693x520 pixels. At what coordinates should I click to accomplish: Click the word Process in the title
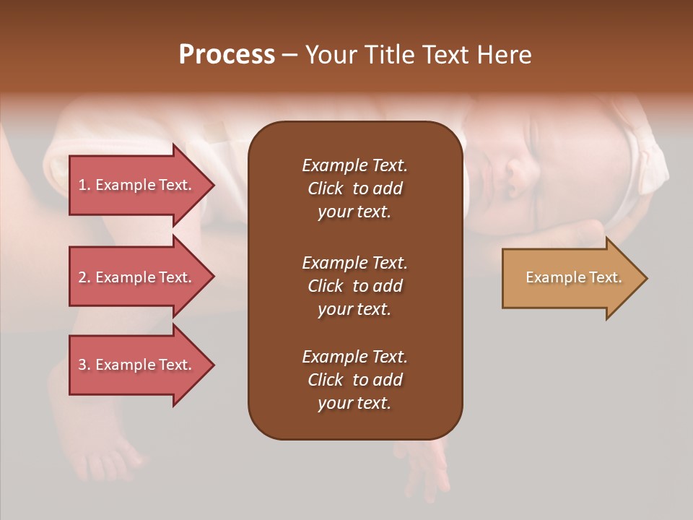227,55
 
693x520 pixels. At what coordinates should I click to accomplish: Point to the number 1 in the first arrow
82,185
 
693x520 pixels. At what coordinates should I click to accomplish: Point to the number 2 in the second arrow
82,277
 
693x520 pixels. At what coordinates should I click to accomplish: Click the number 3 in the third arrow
82,365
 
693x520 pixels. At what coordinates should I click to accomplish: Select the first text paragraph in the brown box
354,188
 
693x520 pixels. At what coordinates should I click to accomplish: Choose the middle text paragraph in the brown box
354,285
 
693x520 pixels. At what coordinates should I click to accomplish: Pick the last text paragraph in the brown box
354,379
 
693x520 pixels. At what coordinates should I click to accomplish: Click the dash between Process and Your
290,55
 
